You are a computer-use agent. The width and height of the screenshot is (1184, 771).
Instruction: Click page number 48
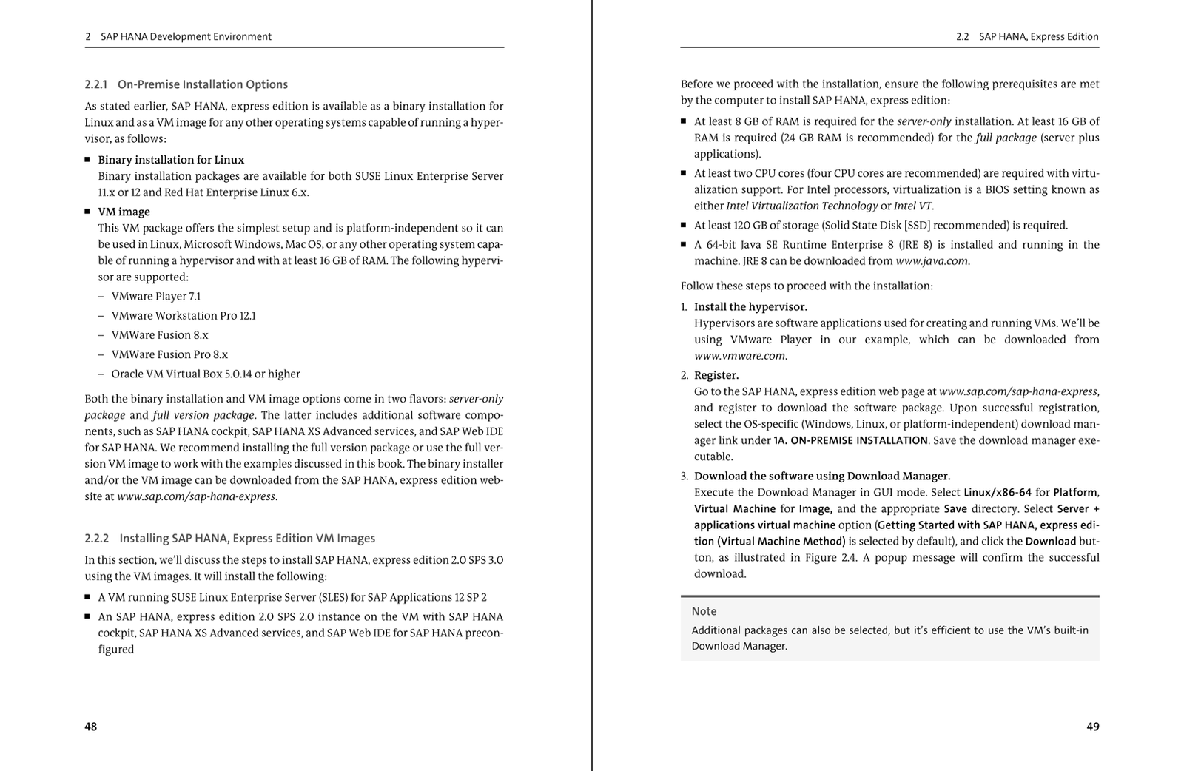(x=90, y=727)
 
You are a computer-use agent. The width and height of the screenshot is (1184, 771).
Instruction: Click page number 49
(x=1092, y=727)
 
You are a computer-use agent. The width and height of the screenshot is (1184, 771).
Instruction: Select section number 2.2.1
(x=96, y=84)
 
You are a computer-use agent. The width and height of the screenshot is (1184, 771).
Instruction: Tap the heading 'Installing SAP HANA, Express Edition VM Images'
(x=247, y=538)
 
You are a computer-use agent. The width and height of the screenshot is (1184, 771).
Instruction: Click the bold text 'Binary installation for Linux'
(x=171, y=160)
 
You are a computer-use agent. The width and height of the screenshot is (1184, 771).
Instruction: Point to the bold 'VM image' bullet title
(x=124, y=212)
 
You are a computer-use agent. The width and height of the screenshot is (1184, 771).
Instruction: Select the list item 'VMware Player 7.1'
(x=155, y=296)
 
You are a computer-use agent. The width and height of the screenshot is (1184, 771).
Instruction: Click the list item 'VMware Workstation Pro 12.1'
(x=184, y=315)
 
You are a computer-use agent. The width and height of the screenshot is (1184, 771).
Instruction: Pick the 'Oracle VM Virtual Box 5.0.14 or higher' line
(x=206, y=374)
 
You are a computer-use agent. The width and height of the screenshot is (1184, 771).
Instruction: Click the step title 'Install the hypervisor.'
(x=750, y=306)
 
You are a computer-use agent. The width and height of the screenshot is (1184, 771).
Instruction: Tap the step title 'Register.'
(x=716, y=375)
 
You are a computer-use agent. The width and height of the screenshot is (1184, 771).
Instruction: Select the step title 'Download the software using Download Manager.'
(x=822, y=476)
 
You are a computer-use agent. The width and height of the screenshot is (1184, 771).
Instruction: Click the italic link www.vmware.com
(x=739, y=356)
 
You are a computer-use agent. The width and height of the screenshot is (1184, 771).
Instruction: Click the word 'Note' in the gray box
(x=704, y=611)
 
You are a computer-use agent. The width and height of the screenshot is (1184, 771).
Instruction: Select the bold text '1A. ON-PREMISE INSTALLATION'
(x=850, y=440)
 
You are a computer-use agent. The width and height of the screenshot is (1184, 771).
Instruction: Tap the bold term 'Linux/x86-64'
(x=997, y=492)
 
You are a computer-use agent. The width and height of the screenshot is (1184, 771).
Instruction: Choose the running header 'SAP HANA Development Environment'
(x=186, y=36)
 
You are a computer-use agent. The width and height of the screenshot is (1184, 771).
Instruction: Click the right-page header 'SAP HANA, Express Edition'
(x=1038, y=36)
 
